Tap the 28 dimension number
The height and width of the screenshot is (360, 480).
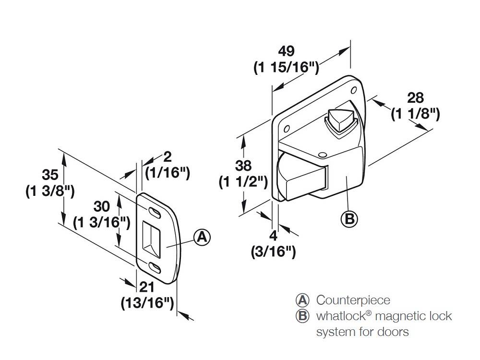415,98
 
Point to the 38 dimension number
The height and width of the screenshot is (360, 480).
243,166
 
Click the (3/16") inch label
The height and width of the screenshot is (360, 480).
273,252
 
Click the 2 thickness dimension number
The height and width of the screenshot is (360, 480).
168,156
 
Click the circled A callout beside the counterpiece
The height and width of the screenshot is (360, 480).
202,237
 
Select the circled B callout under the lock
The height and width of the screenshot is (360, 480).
349,218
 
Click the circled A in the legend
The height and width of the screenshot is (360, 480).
302,300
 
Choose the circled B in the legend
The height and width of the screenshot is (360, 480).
302,316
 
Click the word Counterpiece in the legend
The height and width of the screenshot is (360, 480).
353,300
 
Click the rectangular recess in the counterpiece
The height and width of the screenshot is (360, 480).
153,239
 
